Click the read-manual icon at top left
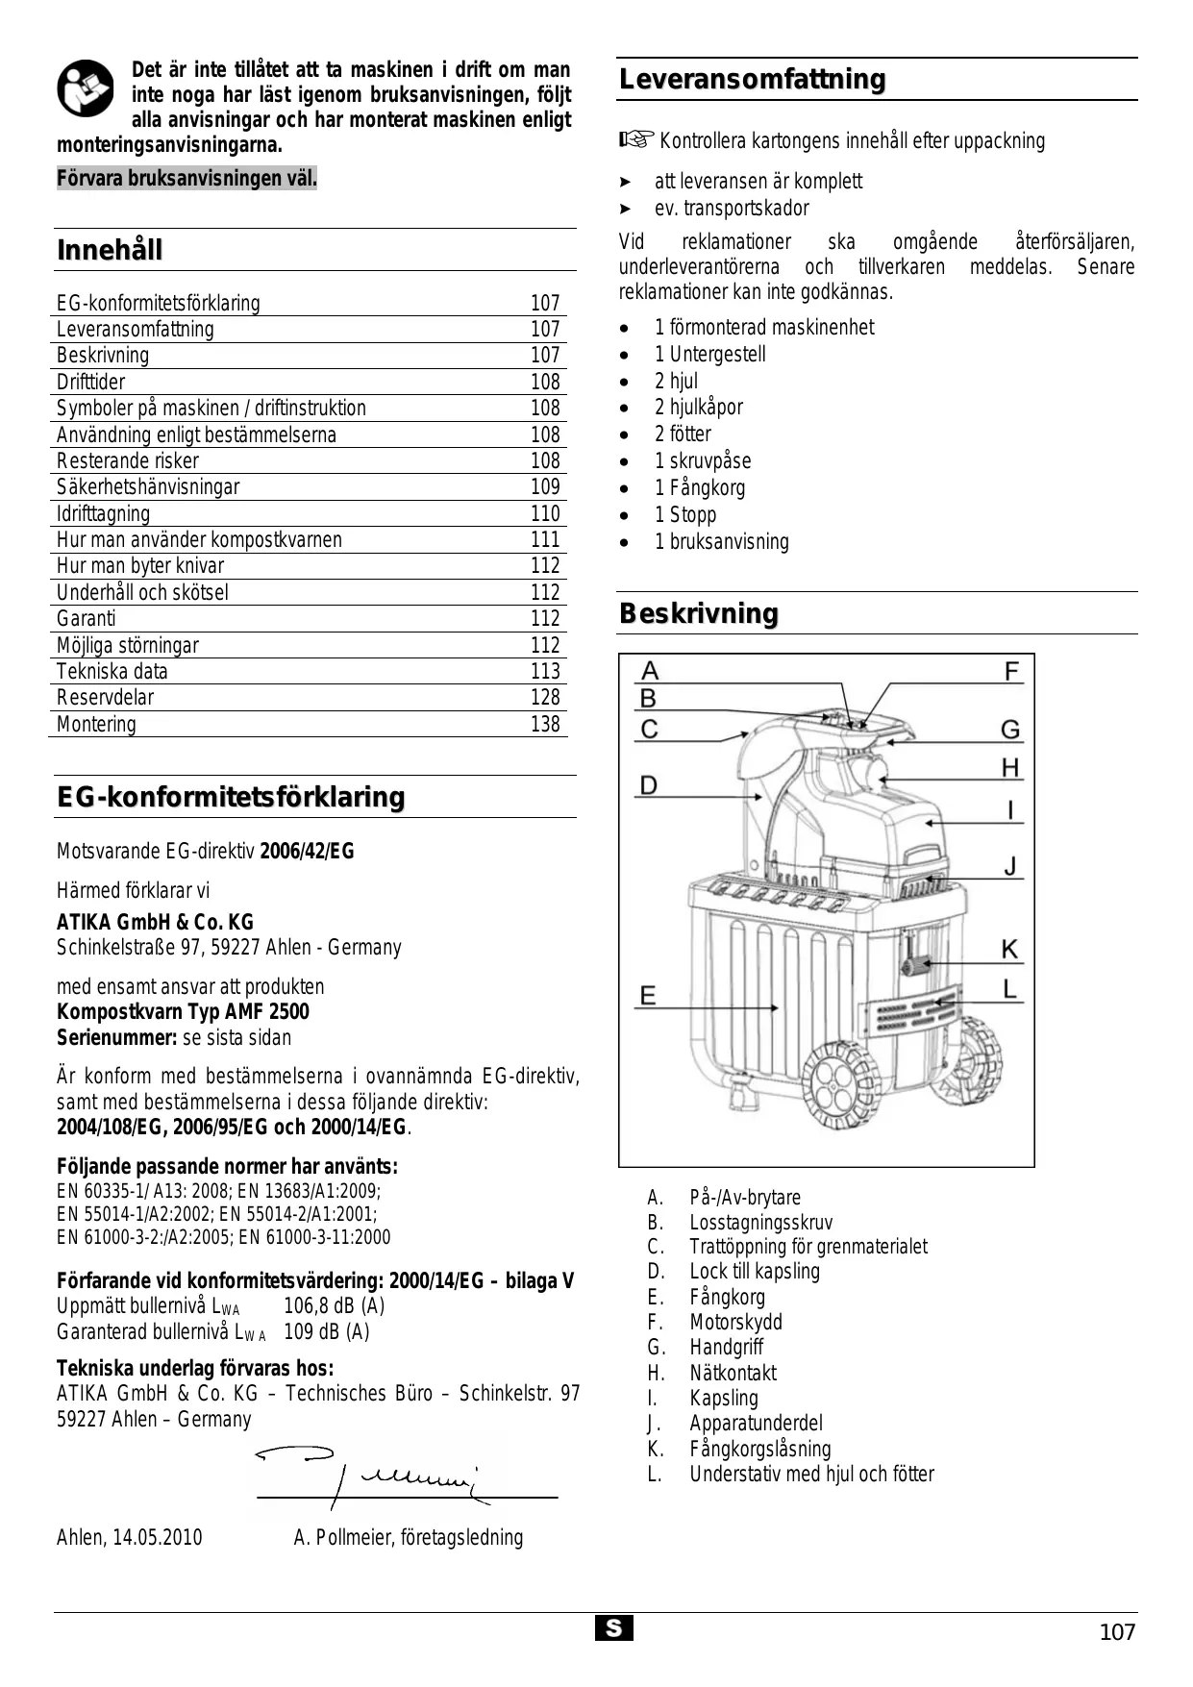85,88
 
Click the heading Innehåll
110,251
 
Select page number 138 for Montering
544,725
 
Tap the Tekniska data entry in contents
112,672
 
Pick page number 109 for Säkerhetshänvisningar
544,487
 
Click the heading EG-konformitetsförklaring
231,798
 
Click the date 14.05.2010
158,1537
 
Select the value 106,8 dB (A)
334,1306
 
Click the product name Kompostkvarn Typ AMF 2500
183,1012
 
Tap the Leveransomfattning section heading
752,80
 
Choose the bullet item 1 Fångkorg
699,488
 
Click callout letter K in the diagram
1009,950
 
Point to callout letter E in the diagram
648,995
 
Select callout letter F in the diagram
1011,671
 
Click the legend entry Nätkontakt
733,1374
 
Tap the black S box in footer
613,1628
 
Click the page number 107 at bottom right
1116,1632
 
